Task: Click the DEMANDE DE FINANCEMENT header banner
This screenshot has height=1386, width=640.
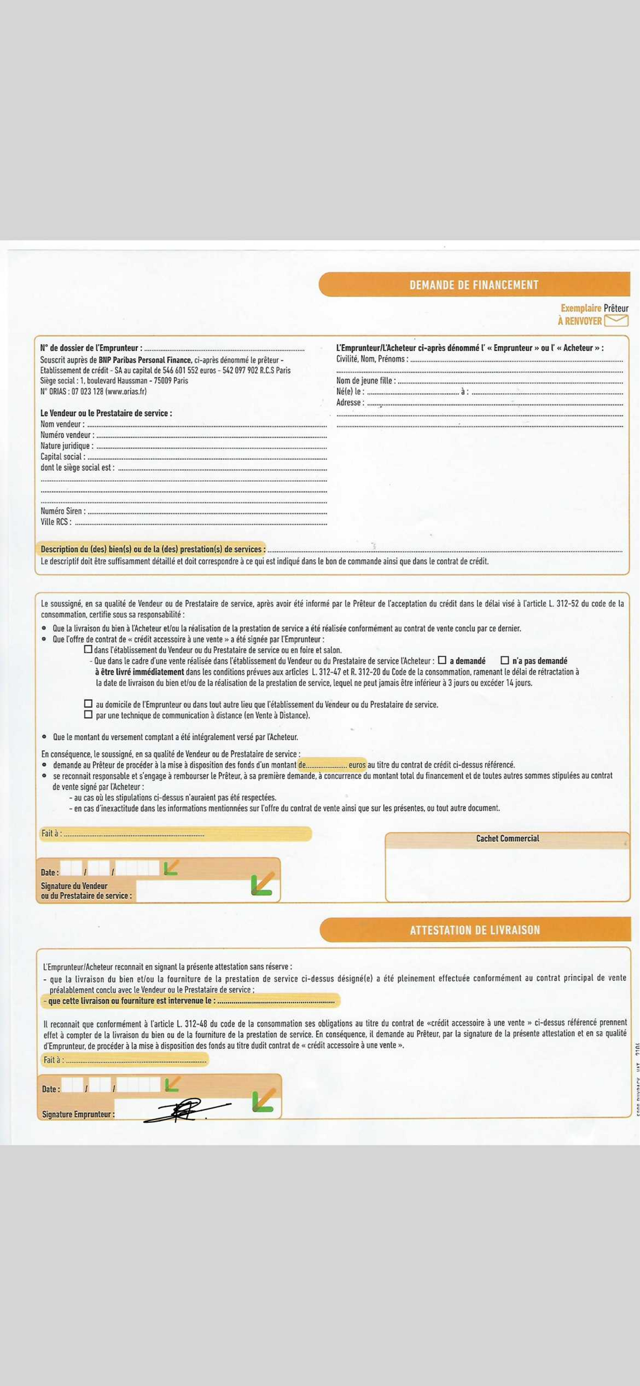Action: pyautogui.click(x=474, y=285)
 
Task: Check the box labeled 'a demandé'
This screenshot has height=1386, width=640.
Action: pyautogui.click(x=442, y=660)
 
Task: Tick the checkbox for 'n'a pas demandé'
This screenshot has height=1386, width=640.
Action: pyautogui.click(x=504, y=660)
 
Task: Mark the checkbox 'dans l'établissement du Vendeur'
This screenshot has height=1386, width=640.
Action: pyautogui.click(x=88, y=649)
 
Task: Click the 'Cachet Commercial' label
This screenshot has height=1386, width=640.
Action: pyautogui.click(x=507, y=838)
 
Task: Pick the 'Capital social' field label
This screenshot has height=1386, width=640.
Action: pyautogui.click(x=61, y=457)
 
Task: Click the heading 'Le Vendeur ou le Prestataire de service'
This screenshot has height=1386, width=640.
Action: pyautogui.click(x=106, y=413)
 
